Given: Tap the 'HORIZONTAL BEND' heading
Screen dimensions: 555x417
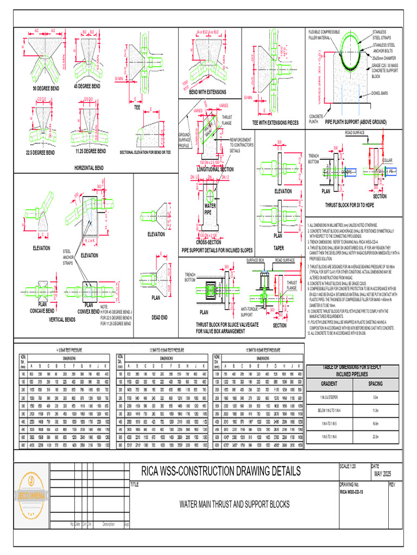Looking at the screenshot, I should pos(88,168).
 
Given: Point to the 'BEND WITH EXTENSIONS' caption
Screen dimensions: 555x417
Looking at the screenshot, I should pos(207,93).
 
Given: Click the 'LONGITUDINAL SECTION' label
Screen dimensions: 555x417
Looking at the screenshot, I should pos(216,169).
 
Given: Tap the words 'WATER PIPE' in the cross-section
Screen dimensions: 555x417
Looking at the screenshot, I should pos(210,208).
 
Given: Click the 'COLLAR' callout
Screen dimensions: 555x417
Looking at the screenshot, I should pos(387,160).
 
